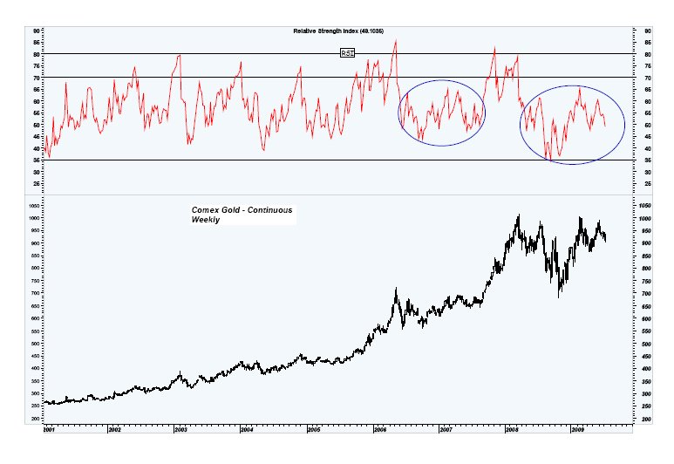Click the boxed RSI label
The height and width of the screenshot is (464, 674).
point(347,53)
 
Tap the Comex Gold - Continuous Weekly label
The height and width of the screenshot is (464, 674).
point(243,215)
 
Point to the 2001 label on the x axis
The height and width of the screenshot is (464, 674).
point(50,430)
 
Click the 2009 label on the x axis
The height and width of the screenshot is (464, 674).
point(577,430)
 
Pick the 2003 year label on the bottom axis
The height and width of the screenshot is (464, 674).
point(180,430)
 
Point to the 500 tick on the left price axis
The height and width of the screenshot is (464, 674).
point(36,345)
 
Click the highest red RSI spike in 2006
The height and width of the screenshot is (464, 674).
point(396,41)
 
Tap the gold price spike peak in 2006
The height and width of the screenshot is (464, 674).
point(396,289)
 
